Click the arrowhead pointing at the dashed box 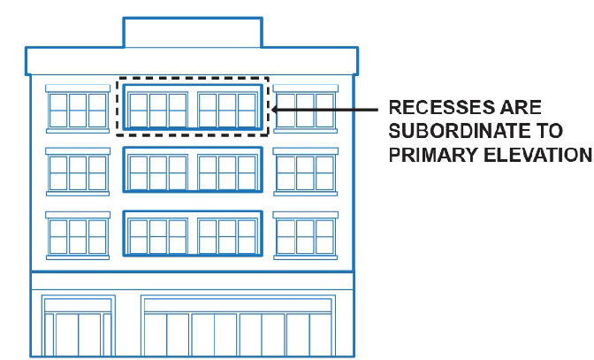(277, 110)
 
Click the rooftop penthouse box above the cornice (192, 31)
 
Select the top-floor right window (305, 110)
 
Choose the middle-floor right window (305, 172)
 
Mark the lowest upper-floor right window (305, 236)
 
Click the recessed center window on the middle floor (193, 171)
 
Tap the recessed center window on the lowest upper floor (193, 235)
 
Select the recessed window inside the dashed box (193, 107)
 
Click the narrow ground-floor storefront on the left (79, 327)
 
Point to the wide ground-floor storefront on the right (238, 327)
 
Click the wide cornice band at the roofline (192, 60)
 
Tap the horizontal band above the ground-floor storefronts (192, 281)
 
